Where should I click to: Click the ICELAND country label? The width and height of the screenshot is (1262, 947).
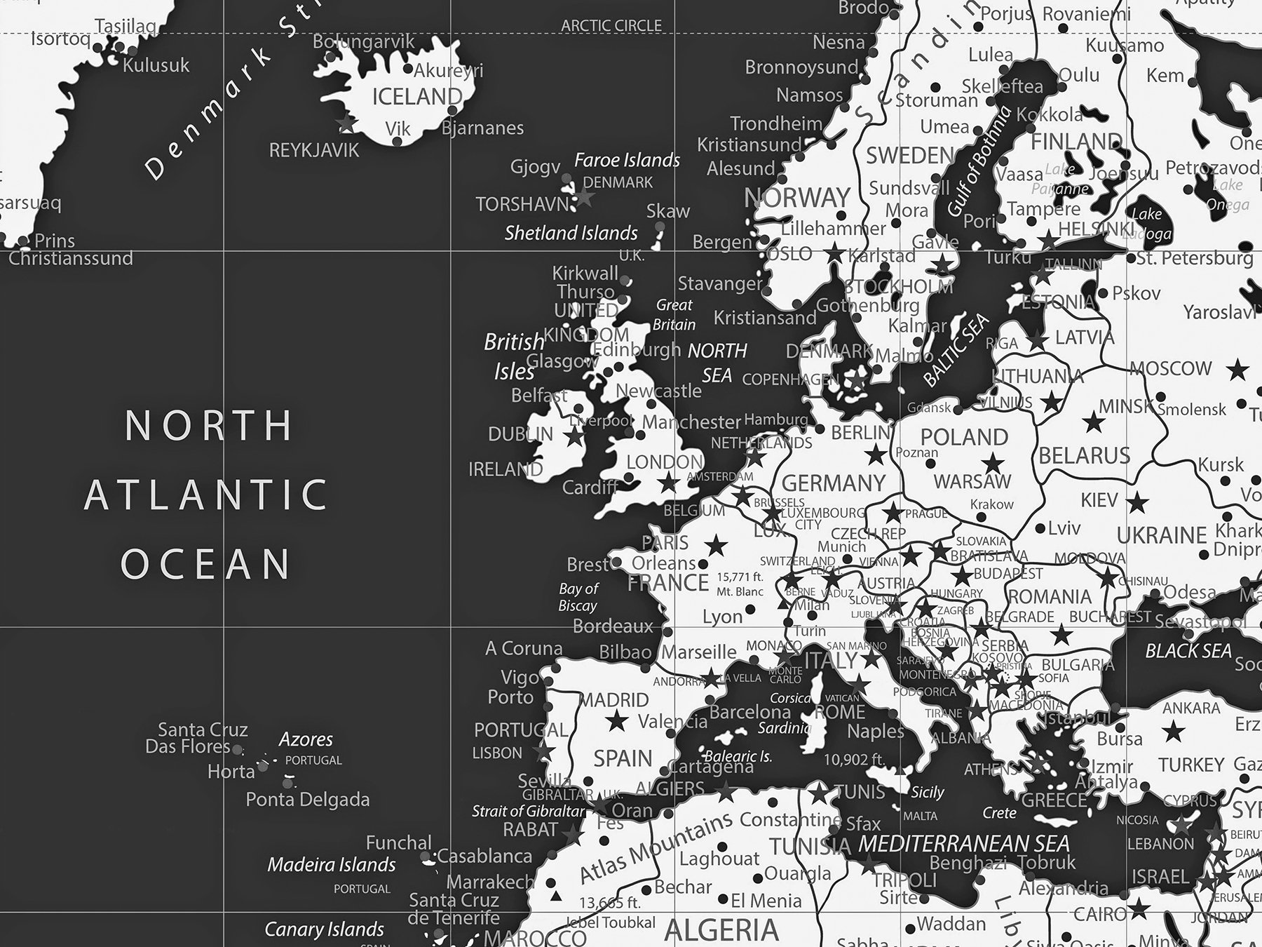tap(417, 96)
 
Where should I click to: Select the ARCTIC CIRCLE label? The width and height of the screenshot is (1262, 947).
tap(611, 26)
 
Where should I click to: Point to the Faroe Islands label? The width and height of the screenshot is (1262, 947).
tap(627, 160)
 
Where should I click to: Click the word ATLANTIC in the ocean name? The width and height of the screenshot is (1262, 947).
tap(206, 494)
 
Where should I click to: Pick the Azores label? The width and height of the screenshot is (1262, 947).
tap(306, 739)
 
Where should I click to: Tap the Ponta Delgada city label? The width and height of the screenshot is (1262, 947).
tap(307, 800)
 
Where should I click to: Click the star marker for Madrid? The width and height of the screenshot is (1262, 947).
tap(617, 720)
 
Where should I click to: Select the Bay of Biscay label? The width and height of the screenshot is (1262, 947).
tap(578, 597)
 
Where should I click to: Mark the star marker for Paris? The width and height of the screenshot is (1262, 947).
tap(715, 544)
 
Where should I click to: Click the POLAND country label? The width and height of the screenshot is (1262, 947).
tap(964, 437)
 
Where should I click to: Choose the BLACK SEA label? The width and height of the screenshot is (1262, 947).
tap(1188, 651)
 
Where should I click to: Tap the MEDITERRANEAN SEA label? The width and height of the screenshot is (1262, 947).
tap(963, 844)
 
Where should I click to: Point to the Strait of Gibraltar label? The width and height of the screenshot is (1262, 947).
tap(528, 812)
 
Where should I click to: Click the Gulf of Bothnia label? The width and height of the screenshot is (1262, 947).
tap(980, 161)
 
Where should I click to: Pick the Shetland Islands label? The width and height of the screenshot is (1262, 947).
tap(571, 233)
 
